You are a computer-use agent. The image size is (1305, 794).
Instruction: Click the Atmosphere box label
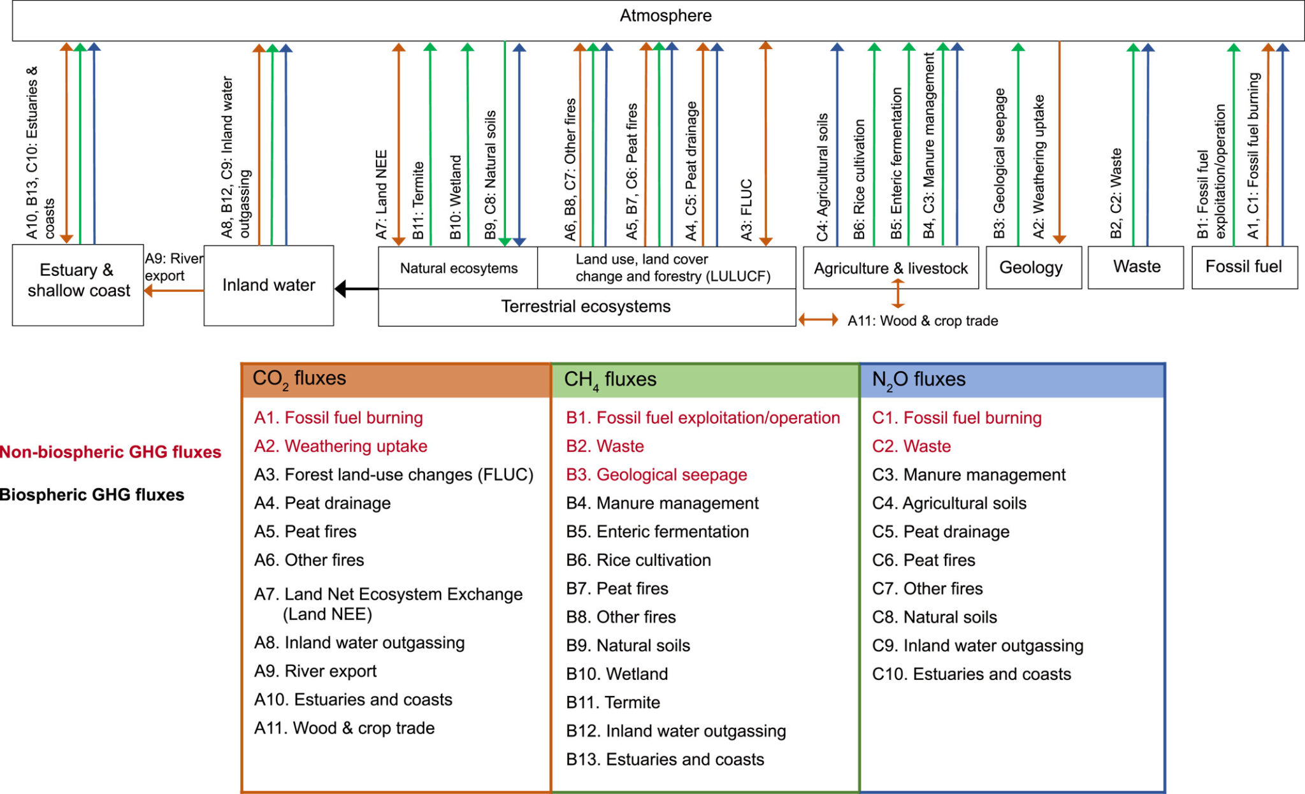665,16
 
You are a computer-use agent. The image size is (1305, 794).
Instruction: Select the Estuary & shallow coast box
78,280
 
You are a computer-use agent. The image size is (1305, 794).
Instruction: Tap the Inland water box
268,285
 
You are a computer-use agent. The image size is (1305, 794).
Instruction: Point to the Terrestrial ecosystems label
586,307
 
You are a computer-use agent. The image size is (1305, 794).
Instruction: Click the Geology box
1031,268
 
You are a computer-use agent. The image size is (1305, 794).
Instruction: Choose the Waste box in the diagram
1136,267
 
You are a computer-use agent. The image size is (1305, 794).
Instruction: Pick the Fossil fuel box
1243,267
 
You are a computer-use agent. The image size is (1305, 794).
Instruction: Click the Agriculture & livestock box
890,268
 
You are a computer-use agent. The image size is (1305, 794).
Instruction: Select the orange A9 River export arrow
173,291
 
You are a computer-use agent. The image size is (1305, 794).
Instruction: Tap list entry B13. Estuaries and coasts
665,760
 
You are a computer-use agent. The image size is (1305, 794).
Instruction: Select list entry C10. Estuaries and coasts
971,674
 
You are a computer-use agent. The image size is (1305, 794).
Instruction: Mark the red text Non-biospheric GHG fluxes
110,452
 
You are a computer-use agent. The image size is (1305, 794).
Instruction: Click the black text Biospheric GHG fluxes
92,495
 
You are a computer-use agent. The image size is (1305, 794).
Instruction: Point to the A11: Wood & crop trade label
922,321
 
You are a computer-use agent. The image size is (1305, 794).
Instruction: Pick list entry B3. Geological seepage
656,475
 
